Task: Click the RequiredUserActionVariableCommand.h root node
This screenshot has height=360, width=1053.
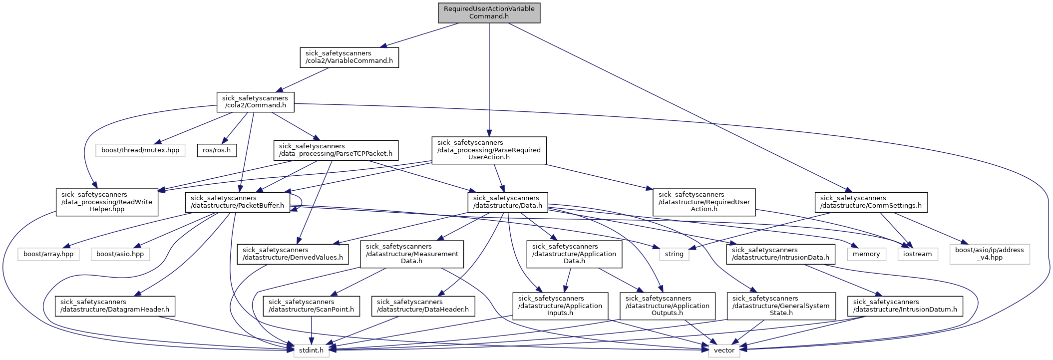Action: point(489,12)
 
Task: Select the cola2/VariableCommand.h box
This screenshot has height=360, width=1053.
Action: point(349,57)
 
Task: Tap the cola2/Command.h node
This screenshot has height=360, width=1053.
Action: point(255,102)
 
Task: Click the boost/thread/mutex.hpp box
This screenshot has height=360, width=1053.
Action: point(140,150)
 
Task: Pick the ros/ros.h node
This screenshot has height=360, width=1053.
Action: point(217,150)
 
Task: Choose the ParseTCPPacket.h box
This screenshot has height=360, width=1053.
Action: point(336,150)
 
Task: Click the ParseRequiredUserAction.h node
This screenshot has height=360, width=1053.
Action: point(489,150)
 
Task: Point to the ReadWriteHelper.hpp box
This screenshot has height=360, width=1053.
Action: point(107,202)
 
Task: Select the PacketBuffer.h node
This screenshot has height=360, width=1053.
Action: point(237,202)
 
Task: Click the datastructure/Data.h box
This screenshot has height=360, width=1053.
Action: point(507,202)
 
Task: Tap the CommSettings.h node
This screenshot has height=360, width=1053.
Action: point(871,202)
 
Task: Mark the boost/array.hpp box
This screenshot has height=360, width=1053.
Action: point(48,254)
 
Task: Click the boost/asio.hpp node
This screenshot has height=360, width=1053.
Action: point(120,254)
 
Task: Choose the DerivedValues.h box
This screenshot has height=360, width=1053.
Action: point(293,254)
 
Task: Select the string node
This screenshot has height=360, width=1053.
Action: point(674,254)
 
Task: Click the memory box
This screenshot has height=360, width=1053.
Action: point(866,254)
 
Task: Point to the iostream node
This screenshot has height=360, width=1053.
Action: point(918,254)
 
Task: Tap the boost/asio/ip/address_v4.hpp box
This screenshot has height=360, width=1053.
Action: point(989,254)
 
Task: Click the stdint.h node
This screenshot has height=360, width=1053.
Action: point(311,351)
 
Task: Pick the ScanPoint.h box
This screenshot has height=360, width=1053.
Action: point(311,306)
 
